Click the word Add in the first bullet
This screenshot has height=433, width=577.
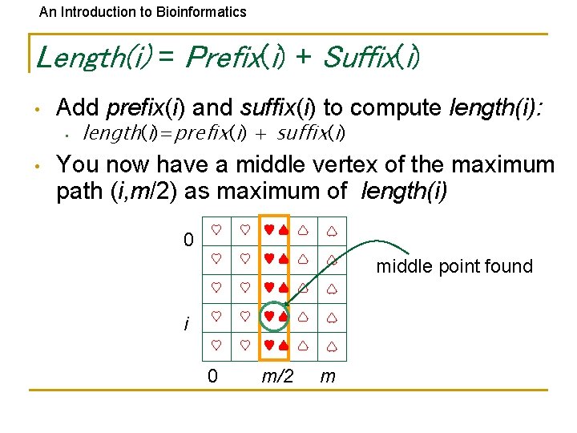pos(79,107)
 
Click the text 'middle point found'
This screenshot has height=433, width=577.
pos(454,266)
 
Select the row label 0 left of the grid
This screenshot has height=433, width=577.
pos(188,240)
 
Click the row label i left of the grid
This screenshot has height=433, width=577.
pos(188,324)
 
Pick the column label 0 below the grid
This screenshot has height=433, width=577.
pos(212,375)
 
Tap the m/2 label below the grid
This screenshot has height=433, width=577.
pos(277,375)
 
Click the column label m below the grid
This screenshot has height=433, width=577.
pos(329,375)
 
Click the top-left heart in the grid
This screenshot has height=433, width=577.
pos(216,229)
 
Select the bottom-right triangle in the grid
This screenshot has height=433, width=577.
pos(331,346)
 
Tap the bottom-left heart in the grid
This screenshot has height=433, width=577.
pos(216,346)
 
